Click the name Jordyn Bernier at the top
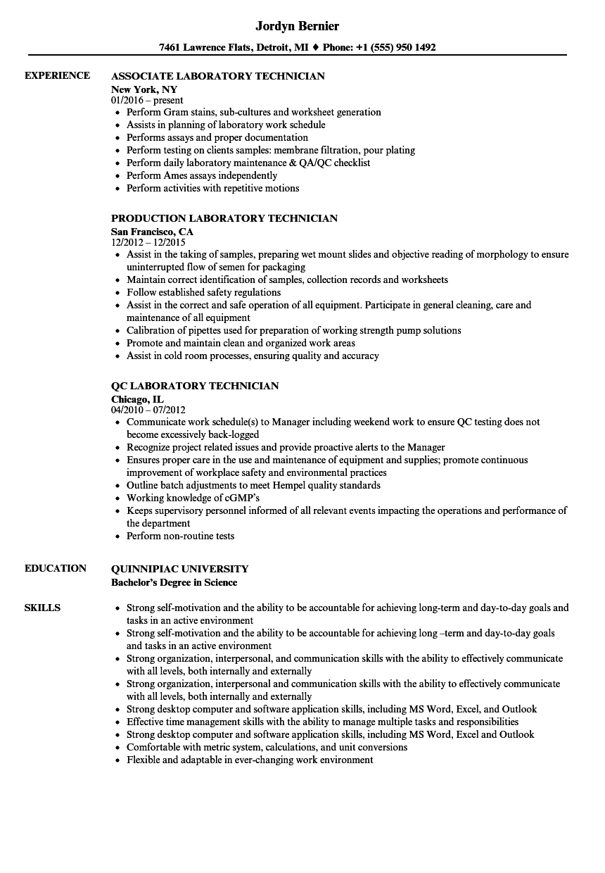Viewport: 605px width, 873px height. point(297,26)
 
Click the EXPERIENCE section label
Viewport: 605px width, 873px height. point(57,75)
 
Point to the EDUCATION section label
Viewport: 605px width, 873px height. point(56,568)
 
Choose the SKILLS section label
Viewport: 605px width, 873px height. point(42,608)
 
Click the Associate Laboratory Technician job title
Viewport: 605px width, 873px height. point(218,76)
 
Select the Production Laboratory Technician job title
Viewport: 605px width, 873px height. point(224,218)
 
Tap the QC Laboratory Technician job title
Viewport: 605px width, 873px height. point(195,386)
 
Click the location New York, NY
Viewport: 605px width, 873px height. point(144,89)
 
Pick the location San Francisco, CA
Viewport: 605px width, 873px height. point(152,232)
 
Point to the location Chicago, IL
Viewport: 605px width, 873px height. point(137,399)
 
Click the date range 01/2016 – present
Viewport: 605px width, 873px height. point(147,101)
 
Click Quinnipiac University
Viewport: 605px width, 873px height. point(180,569)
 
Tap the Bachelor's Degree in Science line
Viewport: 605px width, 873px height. point(174,582)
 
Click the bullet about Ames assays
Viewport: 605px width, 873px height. point(202,175)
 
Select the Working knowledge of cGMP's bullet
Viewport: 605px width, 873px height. point(193,498)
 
